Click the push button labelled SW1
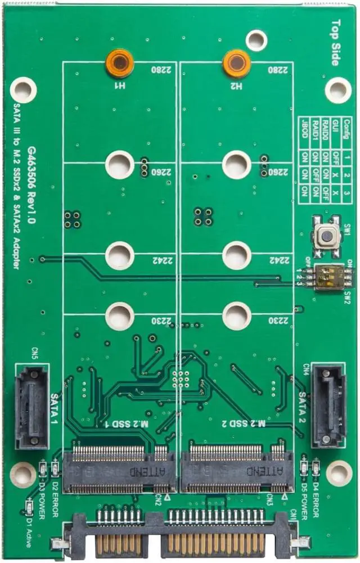326,236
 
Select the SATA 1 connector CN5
31,406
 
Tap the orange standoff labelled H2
236,63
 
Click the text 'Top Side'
336,43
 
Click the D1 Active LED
29,510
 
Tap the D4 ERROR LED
316,467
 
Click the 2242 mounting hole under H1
119,256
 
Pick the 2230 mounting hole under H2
236,316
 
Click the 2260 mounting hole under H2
236,164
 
